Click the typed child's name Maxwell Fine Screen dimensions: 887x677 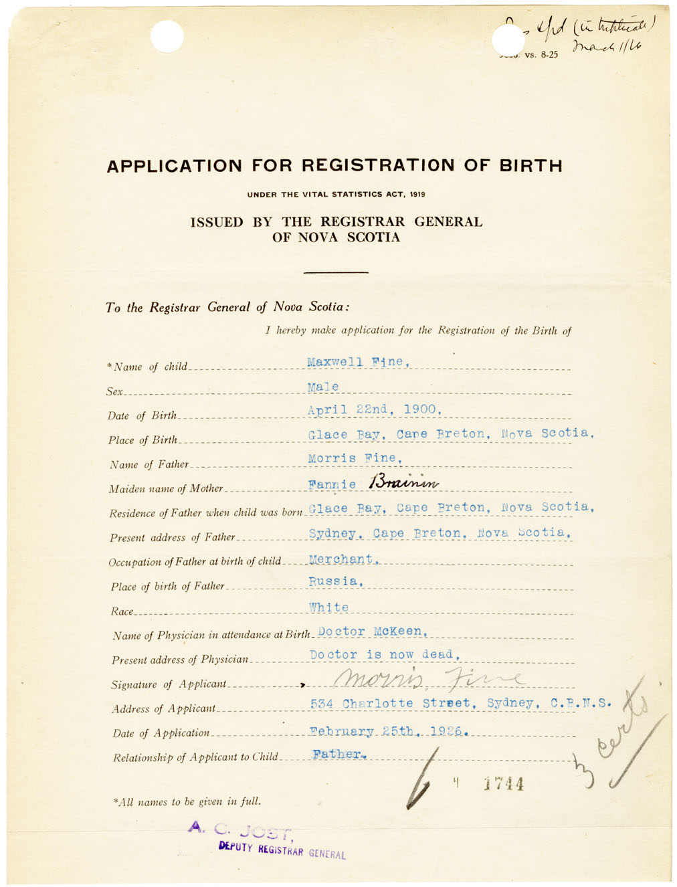357,362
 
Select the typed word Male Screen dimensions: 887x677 323,387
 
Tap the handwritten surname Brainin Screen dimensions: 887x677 403,482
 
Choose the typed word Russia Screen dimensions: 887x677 336,581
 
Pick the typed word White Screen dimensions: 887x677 328,607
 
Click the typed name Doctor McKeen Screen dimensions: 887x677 372,631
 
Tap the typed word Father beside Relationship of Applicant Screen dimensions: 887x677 339,754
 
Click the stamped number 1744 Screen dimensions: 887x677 504,784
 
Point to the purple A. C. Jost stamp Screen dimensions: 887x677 241,829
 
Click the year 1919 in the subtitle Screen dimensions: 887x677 417,195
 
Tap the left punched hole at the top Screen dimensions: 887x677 167,37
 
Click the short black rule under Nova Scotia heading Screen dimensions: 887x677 336,272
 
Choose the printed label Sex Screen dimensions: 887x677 114,391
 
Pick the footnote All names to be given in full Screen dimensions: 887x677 187,801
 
